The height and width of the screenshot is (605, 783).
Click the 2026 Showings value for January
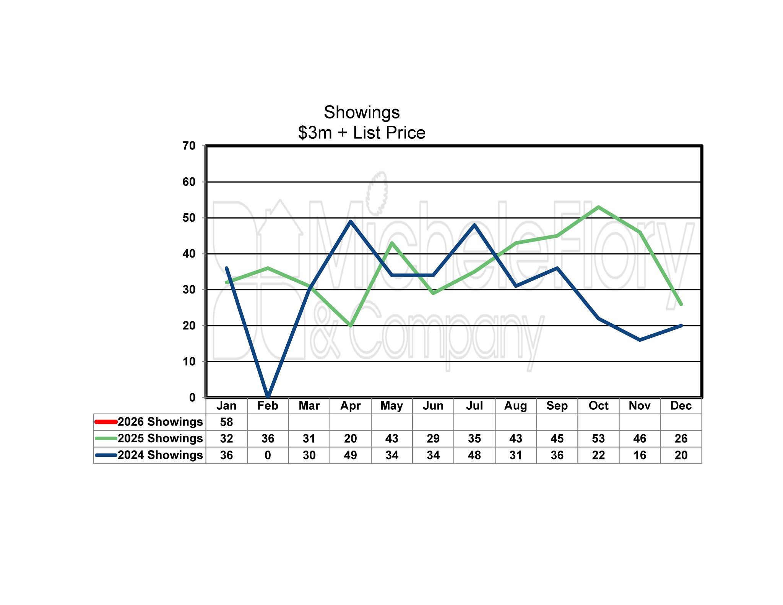[x=226, y=422]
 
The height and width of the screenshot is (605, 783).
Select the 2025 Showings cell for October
[x=598, y=438]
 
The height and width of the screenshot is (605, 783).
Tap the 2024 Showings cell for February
[x=268, y=455]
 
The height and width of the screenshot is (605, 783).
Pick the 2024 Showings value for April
[x=350, y=455]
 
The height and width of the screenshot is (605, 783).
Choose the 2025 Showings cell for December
[x=681, y=438]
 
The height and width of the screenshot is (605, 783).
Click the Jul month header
[x=474, y=405]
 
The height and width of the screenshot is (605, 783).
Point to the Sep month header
[x=557, y=405]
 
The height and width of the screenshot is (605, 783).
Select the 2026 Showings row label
[x=160, y=422]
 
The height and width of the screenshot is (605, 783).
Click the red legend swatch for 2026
[x=106, y=422]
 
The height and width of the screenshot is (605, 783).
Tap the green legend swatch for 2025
[x=106, y=438]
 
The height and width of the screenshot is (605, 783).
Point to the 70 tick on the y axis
[x=189, y=146]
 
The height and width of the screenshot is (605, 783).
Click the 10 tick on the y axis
[x=189, y=362]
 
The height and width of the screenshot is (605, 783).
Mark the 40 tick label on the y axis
[x=189, y=254]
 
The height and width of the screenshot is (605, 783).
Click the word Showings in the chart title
[x=361, y=112]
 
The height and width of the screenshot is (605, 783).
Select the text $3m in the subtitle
[x=315, y=133]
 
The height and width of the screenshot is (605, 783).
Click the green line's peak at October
[x=598, y=207]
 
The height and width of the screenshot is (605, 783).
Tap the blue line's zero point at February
[x=268, y=396]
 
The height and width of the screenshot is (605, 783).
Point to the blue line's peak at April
[x=351, y=221]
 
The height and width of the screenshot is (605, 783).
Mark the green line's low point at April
[x=351, y=325]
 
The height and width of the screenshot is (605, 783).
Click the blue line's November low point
[x=640, y=340]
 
